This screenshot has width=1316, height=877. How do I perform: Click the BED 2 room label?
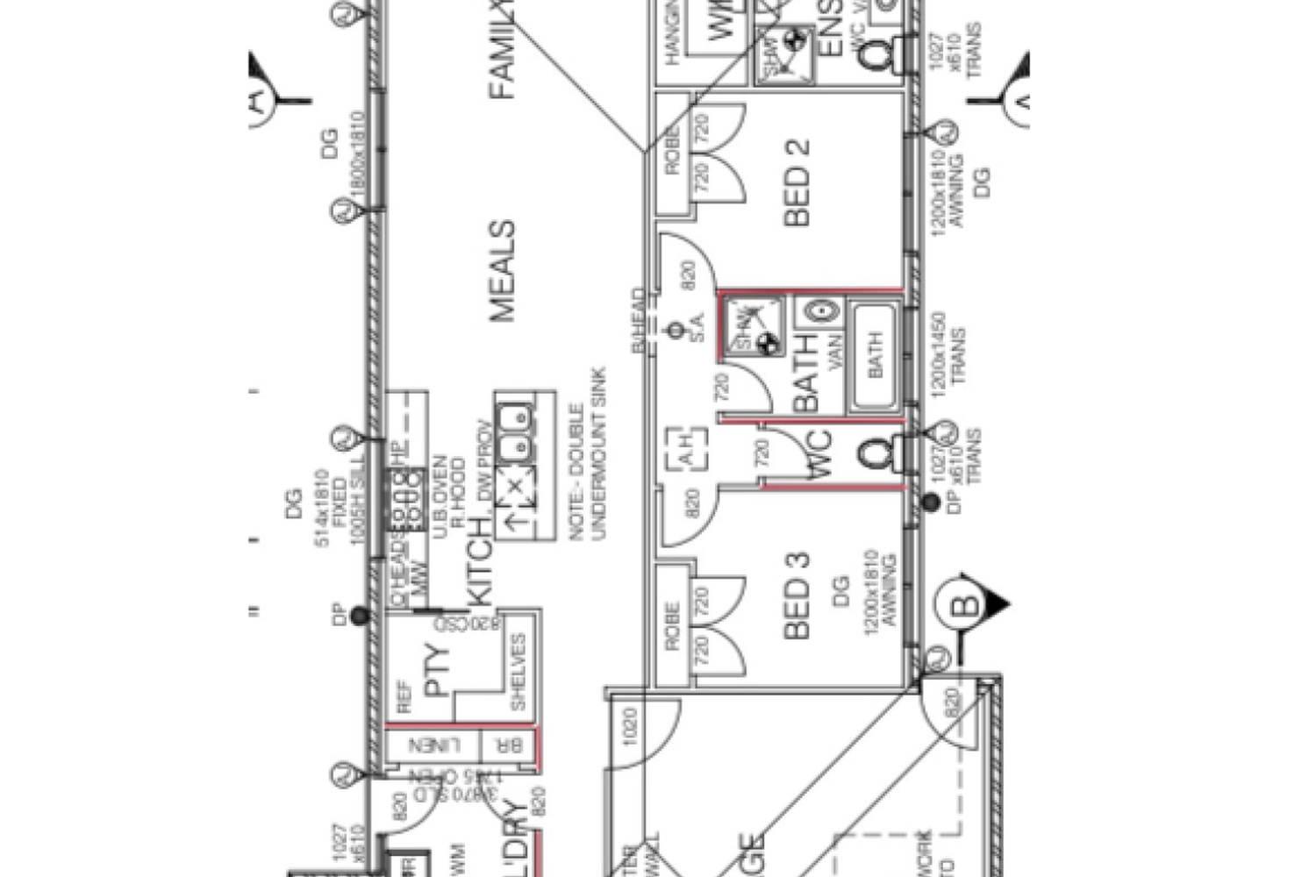click(797, 183)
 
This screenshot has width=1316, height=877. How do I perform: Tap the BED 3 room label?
click(797, 595)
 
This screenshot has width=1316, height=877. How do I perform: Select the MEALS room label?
click(502, 271)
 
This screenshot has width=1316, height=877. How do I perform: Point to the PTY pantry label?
click(436, 671)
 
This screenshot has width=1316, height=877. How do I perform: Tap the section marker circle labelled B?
click(964, 605)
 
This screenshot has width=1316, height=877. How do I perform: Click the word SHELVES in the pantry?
click(518, 672)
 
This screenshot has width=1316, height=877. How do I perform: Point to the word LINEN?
click(433, 746)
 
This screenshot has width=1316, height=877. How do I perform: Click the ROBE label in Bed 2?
click(673, 150)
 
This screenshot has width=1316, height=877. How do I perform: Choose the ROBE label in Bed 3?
click(673, 625)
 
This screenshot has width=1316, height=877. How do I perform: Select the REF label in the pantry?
click(404, 696)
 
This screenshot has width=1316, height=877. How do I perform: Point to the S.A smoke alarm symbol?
click(676, 331)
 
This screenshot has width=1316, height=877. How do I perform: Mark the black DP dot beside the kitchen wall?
click(359, 617)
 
